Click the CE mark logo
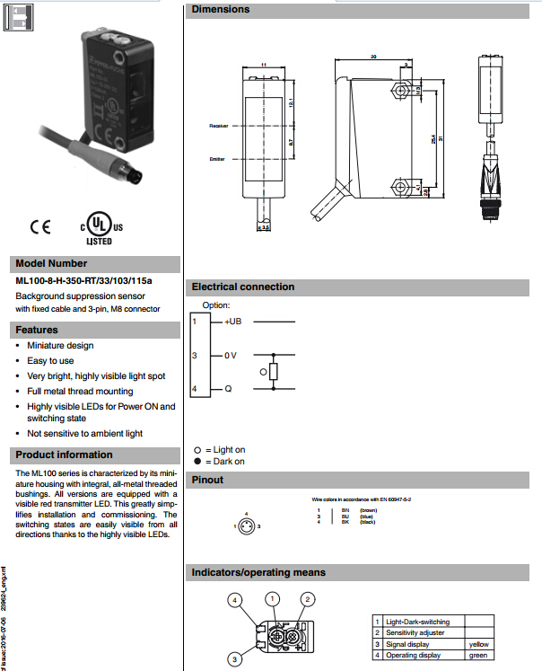(x=40, y=226)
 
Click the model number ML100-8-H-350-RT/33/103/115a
(x=84, y=280)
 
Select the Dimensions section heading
(x=221, y=10)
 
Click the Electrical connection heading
(x=242, y=287)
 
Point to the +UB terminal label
(x=232, y=322)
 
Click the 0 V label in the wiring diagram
(x=231, y=356)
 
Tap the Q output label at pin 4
(x=228, y=389)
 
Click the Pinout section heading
(x=208, y=480)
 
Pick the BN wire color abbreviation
(x=345, y=509)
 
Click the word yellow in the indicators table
(x=478, y=644)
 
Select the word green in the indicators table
(x=477, y=655)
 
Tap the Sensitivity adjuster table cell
(x=415, y=632)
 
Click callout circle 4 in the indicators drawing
(x=233, y=599)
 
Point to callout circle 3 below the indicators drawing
(x=234, y=659)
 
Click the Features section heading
(x=37, y=330)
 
